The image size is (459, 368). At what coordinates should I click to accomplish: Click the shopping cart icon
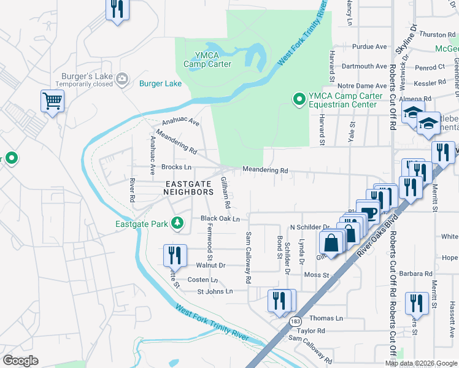point(53,100)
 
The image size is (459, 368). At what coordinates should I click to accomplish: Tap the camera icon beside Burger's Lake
point(122,78)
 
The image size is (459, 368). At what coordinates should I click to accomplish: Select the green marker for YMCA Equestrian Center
point(299,99)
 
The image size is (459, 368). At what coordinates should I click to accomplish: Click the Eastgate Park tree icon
point(177,223)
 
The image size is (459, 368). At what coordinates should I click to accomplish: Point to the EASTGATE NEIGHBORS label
point(188,188)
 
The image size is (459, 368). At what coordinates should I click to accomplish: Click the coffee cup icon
point(369,213)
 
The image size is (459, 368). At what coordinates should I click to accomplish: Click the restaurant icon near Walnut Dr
point(175,254)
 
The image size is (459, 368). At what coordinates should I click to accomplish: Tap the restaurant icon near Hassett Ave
point(417,302)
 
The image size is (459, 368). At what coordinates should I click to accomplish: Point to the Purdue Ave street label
point(369,47)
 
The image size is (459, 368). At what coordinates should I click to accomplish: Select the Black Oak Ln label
point(220,218)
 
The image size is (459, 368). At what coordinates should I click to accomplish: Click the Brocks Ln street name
point(176,167)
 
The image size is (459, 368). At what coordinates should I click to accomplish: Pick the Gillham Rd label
point(225,191)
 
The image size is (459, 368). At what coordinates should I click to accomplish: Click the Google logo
point(20,361)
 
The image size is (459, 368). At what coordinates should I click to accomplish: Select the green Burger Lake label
point(160,83)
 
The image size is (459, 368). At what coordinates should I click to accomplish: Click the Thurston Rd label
point(437,35)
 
